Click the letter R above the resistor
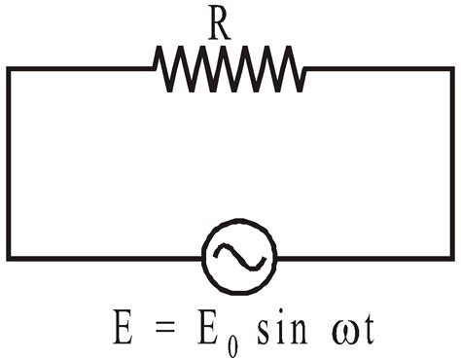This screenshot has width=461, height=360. [x=219, y=25]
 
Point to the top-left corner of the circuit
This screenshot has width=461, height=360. [x=10, y=69]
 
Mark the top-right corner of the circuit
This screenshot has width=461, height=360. [x=450, y=69]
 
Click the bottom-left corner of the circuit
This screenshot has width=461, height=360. [x=10, y=257]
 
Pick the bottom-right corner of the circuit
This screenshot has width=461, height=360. [x=450, y=257]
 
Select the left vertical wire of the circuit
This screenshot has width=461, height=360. [x=10, y=163]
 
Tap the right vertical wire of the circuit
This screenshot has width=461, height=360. [x=450, y=163]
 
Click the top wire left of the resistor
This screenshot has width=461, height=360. [x=82, y=68]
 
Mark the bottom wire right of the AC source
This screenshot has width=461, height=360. [x=364, y=257]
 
